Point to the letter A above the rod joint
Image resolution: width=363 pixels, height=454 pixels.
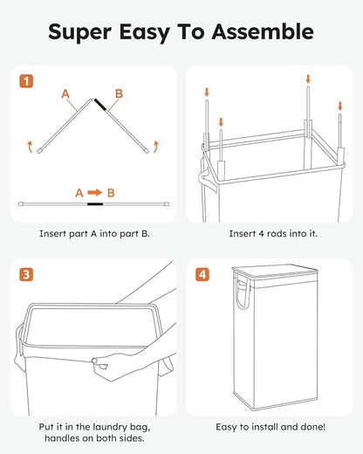tap(65, 93)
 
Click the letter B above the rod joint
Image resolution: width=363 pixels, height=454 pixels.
tap(119, 93)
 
